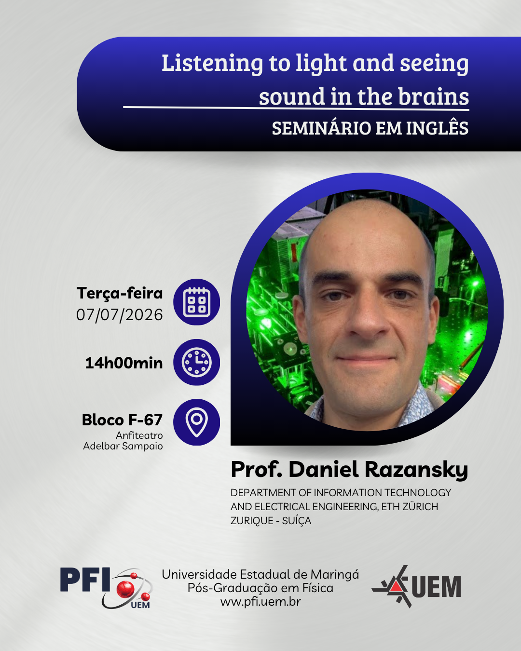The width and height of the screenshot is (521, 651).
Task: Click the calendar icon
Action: click(x=196, y=302)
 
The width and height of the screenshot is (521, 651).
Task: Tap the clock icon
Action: click(x=196, y=362)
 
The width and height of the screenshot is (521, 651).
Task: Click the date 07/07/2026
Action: click(x=120, y=315)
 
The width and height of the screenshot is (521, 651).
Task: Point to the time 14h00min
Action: click(x=124, y=363)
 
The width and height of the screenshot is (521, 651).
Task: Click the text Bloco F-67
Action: click(x=123, y=420)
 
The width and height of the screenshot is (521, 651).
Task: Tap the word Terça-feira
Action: click(x=120, y=293)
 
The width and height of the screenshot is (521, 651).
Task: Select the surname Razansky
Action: click(x=416, y=470)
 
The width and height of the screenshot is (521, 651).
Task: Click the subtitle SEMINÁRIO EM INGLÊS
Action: click(x=370, y=128)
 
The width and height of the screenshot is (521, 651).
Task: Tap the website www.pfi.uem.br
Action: click(x=260, y=602)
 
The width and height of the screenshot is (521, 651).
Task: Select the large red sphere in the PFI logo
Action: click(x=125, y=589)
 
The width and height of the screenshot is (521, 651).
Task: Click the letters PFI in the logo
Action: click(x=85, y=579)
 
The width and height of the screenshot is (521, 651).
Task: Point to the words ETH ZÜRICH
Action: click(x=410, y=507)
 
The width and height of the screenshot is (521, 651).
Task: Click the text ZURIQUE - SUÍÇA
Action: click(x=271, y=521)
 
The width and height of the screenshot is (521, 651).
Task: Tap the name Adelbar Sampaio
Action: click(x=123, y=446)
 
